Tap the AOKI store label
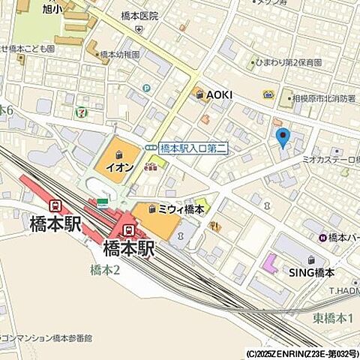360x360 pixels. (x=220, y=94)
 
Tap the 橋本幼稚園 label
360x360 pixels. (x=120, y=55)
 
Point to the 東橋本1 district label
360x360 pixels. (x=334, y=319)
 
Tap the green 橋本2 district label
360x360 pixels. (x=105, y=270)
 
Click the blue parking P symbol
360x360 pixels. (x=146, y=88)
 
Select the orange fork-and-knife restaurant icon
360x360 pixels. (x=216, y=225)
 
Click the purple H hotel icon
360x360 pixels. (x=322, y=238)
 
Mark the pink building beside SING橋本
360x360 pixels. (x=269, y=264)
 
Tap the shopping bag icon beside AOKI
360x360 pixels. (x=197, y=94)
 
